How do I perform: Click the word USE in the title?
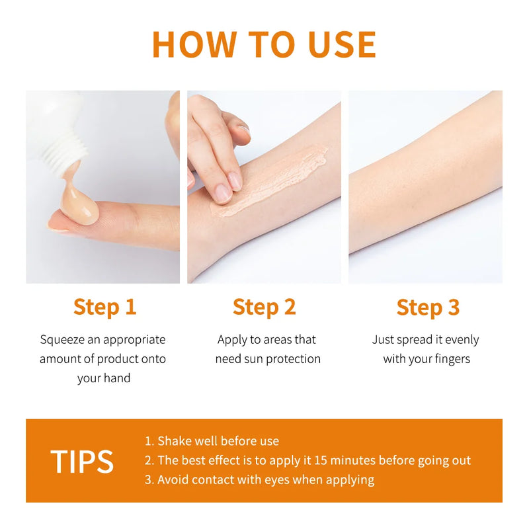[x=342, y=44]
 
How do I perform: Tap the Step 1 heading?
[x=105, y=307]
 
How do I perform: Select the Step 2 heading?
[x=264, y=307]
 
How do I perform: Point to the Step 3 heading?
[x=428, y=307]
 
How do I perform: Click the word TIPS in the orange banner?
[x=82, y=462]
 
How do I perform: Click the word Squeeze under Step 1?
[x=61, y=340]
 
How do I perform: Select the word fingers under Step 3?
[x=452, y=359]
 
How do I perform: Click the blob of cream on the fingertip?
[x=79, y=204]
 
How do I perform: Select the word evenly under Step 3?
[x=462, y=340]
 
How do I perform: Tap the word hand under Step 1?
[x=117, y=378]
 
